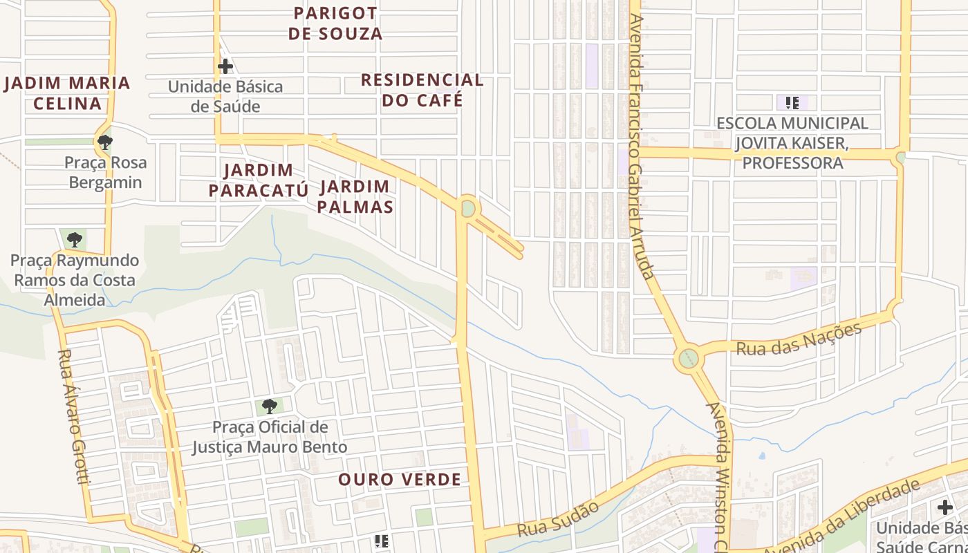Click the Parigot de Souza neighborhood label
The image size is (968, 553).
(x=335, y=24)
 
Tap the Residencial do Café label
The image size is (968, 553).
(x=422, y=90)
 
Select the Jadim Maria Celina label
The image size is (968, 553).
(x=67, y=93)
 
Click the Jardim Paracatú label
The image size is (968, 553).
(x=259, y=180)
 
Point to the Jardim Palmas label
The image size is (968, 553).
(x=355, y=196)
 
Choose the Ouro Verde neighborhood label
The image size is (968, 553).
(x=399, y=480)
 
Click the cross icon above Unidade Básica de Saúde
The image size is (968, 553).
(x=225, y=66)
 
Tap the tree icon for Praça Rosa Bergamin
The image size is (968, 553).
(x=105, y=142)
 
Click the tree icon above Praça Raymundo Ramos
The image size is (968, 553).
(x=74, y=240)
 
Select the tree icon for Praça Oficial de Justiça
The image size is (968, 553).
(x=270, y=406)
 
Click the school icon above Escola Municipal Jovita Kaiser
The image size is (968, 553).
(x=792, y=104)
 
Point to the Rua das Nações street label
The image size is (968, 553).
(x=799, y=339)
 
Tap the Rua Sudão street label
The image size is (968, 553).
(x=558, y=519)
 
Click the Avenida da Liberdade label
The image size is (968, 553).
(x=842, y=516)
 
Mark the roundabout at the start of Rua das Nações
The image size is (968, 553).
(x=688, y=359)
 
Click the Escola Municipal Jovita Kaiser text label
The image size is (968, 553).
(x=792, y=143)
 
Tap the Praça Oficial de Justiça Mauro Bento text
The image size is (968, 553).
(x=270, y=437)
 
